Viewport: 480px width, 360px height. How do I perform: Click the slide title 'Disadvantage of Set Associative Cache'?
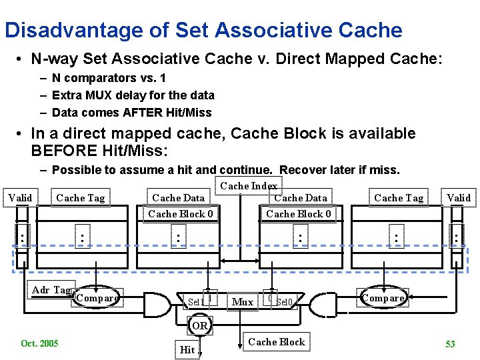[x=203, y=30]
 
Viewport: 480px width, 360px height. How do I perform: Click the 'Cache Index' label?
[x=249, y=186]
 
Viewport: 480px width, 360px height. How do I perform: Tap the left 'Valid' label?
[x=20, y=197]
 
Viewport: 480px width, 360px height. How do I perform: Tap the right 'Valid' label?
[x=459, y=197]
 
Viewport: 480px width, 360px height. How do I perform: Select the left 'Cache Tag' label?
[x=81, y=197]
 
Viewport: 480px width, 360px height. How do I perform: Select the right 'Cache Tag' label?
[x=399, y=197]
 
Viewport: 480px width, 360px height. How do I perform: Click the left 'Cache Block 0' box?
[x=181, y=214]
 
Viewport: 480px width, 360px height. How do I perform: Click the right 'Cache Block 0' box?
[x=299, y=214]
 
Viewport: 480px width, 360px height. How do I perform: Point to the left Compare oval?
[x=97, y=298]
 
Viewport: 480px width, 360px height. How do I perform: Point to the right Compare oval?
[x=383, y=298]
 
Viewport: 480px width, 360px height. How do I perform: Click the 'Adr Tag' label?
[x=51, y=289]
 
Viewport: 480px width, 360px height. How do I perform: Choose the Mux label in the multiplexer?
[x=243, y=302]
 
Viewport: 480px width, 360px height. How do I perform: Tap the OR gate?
[x=199, y=326]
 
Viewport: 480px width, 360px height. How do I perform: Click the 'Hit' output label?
[x=187, y=349]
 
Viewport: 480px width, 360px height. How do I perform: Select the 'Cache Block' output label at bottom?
[x=276, y=342]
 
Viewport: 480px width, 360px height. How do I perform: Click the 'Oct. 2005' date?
[x=39, y=343]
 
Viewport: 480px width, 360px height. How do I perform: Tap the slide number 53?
[x=450, y=344]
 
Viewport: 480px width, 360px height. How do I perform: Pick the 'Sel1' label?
[x=195, y=302]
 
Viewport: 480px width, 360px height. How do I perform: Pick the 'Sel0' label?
[x=284, y=302]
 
